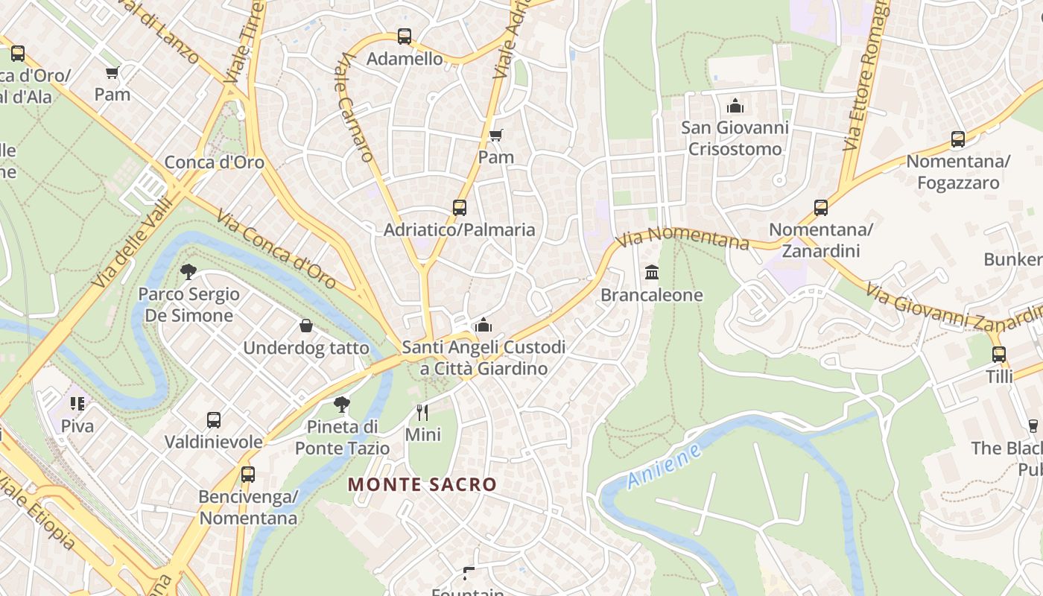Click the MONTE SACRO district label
point(422,484)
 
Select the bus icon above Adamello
point(404,36)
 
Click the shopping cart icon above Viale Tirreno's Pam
point(112,72)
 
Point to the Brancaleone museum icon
point(652,272)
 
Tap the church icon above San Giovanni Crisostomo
point(735,105)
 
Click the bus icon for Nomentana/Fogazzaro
point(958,139)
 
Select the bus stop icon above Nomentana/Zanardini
point(821,208)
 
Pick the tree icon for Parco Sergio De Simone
point(188,271)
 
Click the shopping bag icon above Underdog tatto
point(305,326)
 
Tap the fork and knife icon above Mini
point(422,412)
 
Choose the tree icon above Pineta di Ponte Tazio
point(342,405)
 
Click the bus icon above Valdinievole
point(214,420)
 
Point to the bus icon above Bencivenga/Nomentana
point(248,474)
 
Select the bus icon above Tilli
point(999,355)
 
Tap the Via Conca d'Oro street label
point(275,250)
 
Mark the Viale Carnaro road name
point(354,108)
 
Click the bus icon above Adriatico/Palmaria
point(460,208)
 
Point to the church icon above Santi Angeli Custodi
point(484,325)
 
